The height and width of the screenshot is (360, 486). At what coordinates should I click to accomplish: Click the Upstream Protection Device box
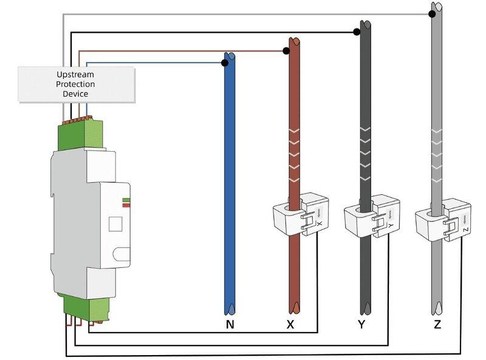(77, 84)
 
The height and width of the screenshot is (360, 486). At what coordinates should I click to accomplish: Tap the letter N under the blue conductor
(230, 324)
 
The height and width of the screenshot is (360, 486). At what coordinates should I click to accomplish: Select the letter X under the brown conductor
(290, 324)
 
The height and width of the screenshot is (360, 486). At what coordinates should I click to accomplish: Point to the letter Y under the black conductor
(361, 324)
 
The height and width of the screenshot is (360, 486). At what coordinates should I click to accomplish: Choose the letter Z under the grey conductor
(437, 324)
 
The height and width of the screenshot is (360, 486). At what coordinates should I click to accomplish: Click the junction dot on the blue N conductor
(225, 63)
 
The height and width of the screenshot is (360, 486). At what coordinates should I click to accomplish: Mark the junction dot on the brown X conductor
(286, 51)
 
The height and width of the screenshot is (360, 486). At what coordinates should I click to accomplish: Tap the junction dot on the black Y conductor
(357, 32)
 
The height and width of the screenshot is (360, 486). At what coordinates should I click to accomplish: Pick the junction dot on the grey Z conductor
(432, 14)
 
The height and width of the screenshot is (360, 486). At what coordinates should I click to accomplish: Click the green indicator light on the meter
(126, 200)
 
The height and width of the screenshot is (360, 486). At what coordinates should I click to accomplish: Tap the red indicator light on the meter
(126, 205)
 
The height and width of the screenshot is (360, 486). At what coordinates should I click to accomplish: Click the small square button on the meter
(115, 224)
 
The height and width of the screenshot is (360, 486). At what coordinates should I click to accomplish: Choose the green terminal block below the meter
(87, 308)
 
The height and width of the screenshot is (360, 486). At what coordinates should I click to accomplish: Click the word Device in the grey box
(75, 94)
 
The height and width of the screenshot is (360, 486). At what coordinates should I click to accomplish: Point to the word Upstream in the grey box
(75, 75)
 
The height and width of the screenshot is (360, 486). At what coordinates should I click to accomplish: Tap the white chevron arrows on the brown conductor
(294, 155)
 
